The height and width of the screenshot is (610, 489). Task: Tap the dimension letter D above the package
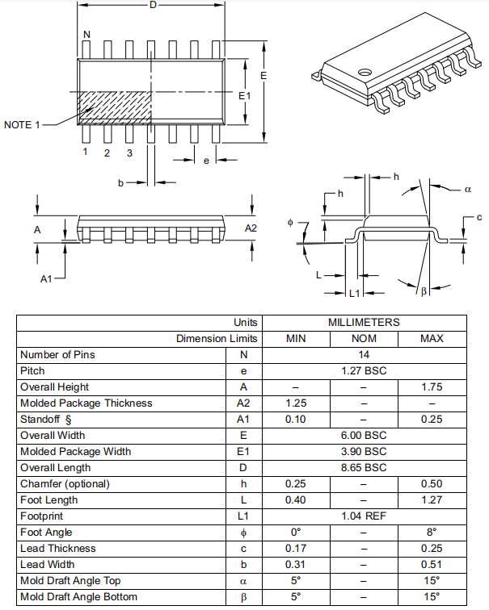(152, 6)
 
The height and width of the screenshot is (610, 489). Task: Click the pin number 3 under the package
(129, 152)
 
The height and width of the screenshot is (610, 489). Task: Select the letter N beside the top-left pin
(86, 34)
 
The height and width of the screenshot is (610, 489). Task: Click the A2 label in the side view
(251, 228)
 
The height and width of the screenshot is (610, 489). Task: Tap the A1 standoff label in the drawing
(47, 278)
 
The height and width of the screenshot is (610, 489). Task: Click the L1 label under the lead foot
(353, 293)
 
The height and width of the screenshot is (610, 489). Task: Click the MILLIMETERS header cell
(364, 322)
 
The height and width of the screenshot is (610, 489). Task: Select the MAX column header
(432, 338)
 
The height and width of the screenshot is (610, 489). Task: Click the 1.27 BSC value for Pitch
(364, 370)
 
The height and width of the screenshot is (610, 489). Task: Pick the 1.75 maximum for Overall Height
(432, 386)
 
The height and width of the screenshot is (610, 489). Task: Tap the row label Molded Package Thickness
(86, 403)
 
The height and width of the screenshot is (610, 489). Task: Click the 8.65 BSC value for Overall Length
(364, 467)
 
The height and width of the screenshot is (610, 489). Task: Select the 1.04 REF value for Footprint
(364, 516)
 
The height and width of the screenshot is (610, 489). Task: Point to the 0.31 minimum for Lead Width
(296, 564)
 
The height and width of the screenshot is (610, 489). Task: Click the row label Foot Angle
(46, 532)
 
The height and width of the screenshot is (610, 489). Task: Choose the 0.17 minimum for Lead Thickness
(296, 548)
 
